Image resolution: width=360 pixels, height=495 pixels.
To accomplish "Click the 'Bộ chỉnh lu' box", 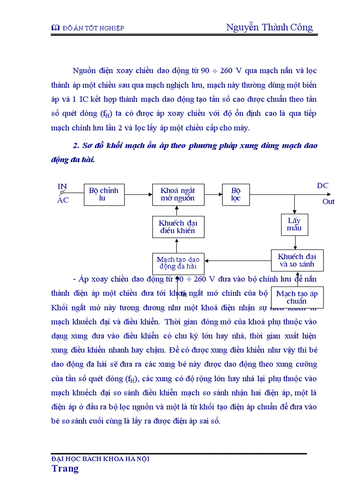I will click(x=104, y=194).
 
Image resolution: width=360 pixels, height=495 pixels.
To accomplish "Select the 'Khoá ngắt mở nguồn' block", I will click(x=177, y=194).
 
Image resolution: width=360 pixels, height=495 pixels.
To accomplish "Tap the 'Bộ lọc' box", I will click(x=236, y=194).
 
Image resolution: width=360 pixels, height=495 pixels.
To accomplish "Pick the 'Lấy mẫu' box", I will click(x=294, y=224).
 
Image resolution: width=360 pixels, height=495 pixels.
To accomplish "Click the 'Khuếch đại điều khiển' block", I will click(x=177, y=227).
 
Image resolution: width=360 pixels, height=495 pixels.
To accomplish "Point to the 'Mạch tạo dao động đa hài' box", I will click(x=177, y=263).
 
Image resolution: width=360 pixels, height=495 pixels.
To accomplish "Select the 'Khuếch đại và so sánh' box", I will click(x=297, y=260).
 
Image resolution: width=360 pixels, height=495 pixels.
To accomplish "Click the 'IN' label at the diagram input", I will click(x=62, y=186).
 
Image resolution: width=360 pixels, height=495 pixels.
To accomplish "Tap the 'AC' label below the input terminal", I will click(x=63, y=201).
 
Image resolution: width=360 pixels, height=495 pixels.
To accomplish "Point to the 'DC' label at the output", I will click(x=322, y=186).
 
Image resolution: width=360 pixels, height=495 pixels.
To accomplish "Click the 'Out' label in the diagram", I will click(x=328, y=201).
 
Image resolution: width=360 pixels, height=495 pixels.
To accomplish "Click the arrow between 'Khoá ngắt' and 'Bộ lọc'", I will click(x=214, y=193).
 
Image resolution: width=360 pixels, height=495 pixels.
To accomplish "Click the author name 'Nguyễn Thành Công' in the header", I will click(x=269, y=27).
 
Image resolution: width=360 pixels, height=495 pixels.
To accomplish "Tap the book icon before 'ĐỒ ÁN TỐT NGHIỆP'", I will click(x=55, y=28).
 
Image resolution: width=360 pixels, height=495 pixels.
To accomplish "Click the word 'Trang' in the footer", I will click(x=65, y=468).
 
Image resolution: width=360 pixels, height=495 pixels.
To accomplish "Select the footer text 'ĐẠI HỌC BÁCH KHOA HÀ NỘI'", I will click(x=100, y=459).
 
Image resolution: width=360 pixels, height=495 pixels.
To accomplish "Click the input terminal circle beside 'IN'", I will click(x=63, y=193).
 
